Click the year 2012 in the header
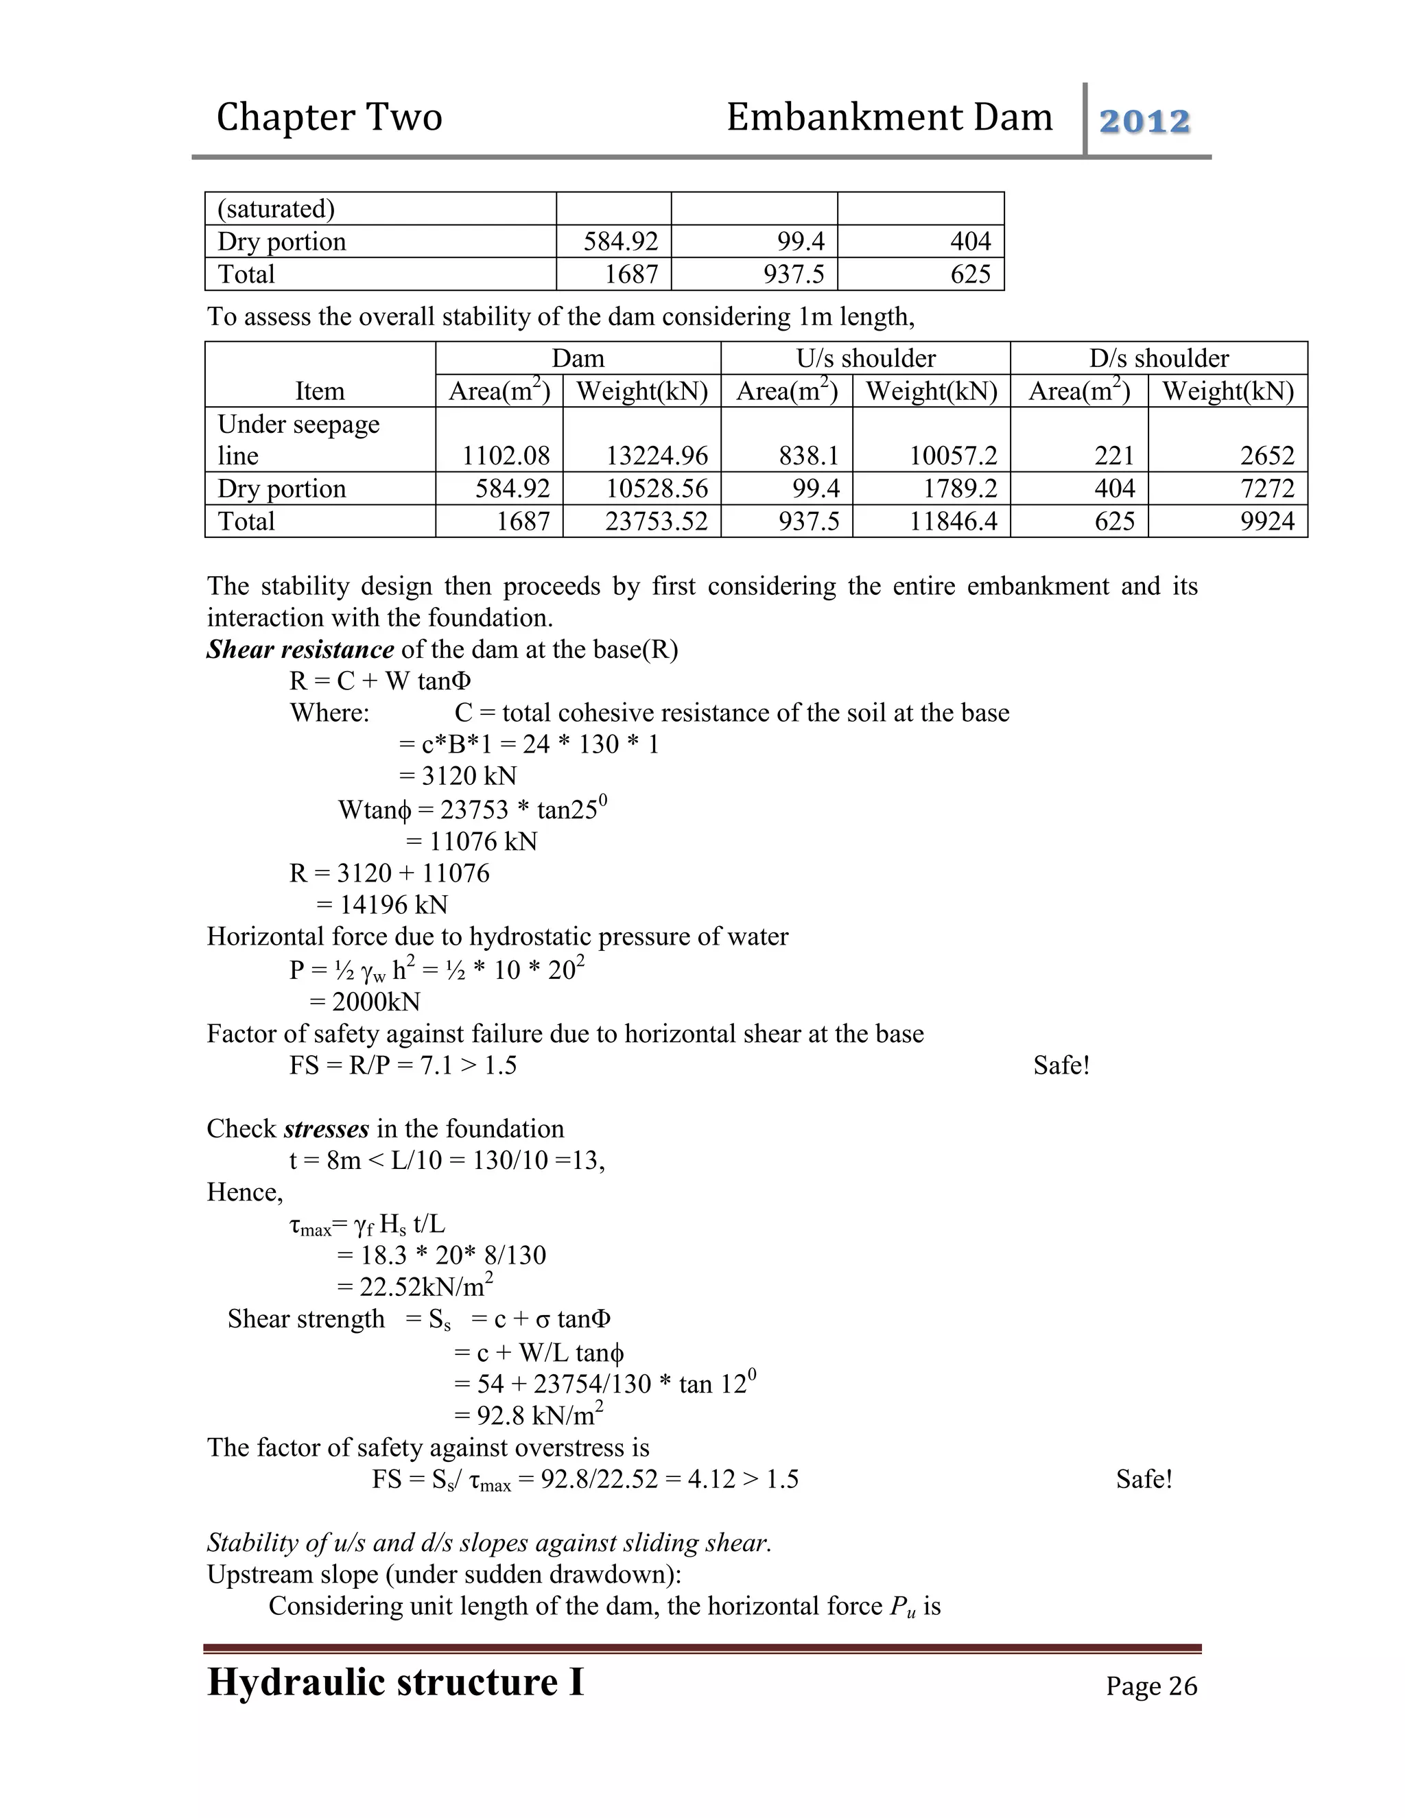(x=1144, y=121)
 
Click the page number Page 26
(x=1151, y=1686)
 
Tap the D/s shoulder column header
(x=1159, y=358)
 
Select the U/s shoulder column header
(x=866, y=358)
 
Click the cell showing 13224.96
(x=657, y=456)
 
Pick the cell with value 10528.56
(x=657, y=488)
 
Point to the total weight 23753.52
(x=657, y=521)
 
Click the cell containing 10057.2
(x=953, y=456)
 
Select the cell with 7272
(x=1267, y=488)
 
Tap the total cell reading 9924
(x=1267, y=521)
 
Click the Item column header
(x=320, y=390)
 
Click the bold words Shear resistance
(x=300, y=649)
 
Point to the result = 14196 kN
(x=382, y=905)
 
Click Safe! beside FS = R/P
(x=1061, y=1065)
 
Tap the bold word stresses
(x=327, y=1129)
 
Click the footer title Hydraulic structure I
(x=395, y=1681)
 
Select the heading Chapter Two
(x=329, y=117)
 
